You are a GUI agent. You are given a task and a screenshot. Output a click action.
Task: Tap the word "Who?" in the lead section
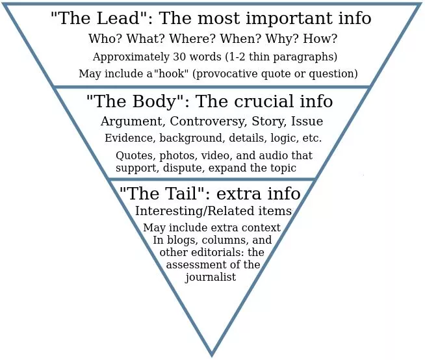click(102, 38)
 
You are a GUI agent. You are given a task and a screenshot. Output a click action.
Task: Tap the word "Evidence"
click(128, 138)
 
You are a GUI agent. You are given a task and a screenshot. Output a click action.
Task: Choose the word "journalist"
click(211, 277)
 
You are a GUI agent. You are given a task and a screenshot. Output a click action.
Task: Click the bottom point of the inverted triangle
click(212, 354)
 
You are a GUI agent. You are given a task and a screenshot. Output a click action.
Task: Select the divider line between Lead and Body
click(212, 86)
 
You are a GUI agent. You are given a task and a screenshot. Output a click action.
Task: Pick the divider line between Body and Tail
click(212, 179)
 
